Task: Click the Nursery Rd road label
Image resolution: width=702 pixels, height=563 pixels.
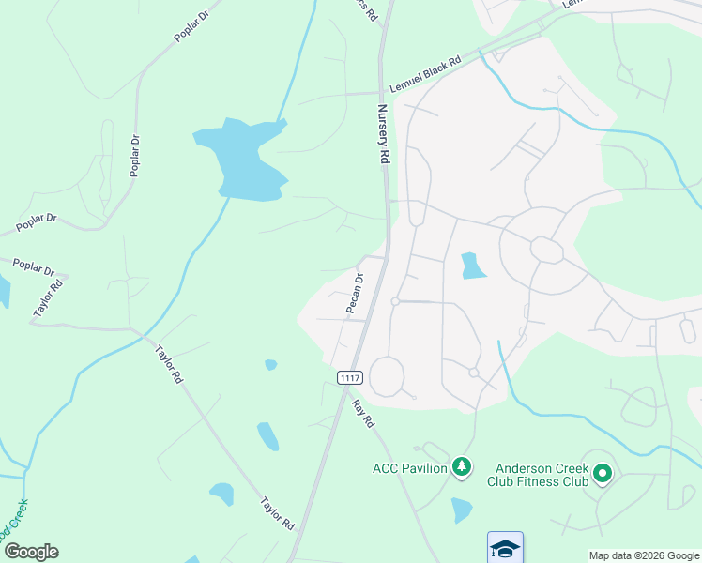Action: coord(383,135)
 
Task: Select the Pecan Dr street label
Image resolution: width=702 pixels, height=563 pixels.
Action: coord(355,292)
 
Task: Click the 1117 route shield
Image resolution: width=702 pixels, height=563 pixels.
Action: coord(349,377)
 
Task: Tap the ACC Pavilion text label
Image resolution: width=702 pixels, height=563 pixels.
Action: coord(409,468)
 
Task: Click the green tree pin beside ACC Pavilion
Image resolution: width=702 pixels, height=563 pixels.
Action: coord(461,466)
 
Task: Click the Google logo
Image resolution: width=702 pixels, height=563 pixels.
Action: coord(31,552)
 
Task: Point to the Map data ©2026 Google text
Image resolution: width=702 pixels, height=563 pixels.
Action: coord(643,555)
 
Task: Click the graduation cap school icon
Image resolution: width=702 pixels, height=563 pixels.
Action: coord(504,548)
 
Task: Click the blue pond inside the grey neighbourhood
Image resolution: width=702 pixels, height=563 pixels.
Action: coord(473,266)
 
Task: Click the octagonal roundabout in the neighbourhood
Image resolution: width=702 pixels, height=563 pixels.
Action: coord(546,250)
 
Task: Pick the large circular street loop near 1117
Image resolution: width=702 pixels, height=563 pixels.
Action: coord(387,377)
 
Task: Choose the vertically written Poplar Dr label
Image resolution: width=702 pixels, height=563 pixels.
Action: coord(136,155)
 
